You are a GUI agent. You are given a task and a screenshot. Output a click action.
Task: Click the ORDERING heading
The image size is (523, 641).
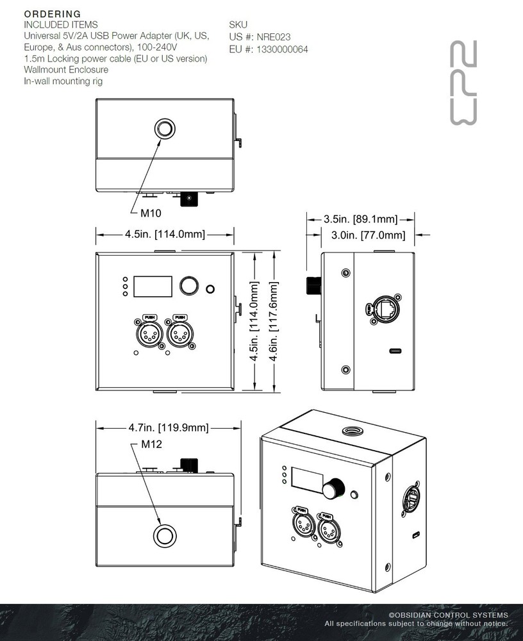(x=53, y=13)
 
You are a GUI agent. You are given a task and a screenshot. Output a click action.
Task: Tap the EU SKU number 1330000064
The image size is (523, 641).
(x=281, y=49)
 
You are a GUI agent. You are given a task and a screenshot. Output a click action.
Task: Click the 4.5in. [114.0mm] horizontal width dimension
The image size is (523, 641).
(x=165, y=235)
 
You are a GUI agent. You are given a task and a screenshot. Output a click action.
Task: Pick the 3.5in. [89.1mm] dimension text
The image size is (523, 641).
(x=361, y=219)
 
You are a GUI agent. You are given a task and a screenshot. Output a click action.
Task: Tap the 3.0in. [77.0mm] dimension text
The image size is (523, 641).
(x=369, y=235)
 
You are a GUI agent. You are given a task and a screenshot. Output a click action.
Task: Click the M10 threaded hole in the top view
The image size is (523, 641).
(x=165, y=128)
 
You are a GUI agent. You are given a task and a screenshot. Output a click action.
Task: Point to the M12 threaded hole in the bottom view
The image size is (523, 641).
(x=165, y=535)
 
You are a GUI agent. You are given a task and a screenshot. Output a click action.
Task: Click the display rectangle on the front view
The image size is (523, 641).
(x=153, y=287)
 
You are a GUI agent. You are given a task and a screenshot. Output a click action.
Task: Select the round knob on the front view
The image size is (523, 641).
(x=188, y=286)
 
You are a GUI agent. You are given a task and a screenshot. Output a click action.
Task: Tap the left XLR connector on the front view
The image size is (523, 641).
(x=149, y=333)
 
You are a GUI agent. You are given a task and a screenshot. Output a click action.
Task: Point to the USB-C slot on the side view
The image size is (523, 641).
(x=396, y=351)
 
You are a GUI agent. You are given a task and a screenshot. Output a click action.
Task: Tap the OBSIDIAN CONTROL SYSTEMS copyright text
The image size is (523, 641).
(x=448, y=615)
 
